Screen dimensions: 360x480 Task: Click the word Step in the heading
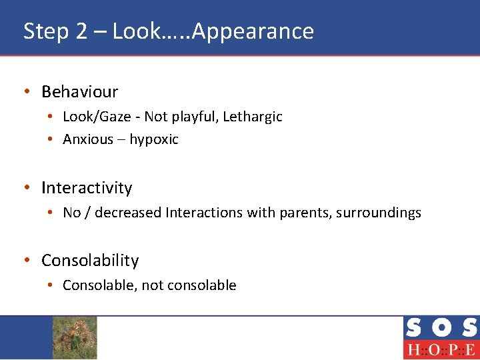[45, 31]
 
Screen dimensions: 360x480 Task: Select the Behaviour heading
[79, 91]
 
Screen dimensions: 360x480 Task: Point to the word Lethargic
[253, 117]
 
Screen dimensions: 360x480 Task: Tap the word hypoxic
[154, 139]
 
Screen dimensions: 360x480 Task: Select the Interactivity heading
[87, 188]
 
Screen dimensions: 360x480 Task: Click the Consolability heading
[90, 261]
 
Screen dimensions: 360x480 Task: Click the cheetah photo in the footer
[75, 337]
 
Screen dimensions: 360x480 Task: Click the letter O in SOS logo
[441, 328]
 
